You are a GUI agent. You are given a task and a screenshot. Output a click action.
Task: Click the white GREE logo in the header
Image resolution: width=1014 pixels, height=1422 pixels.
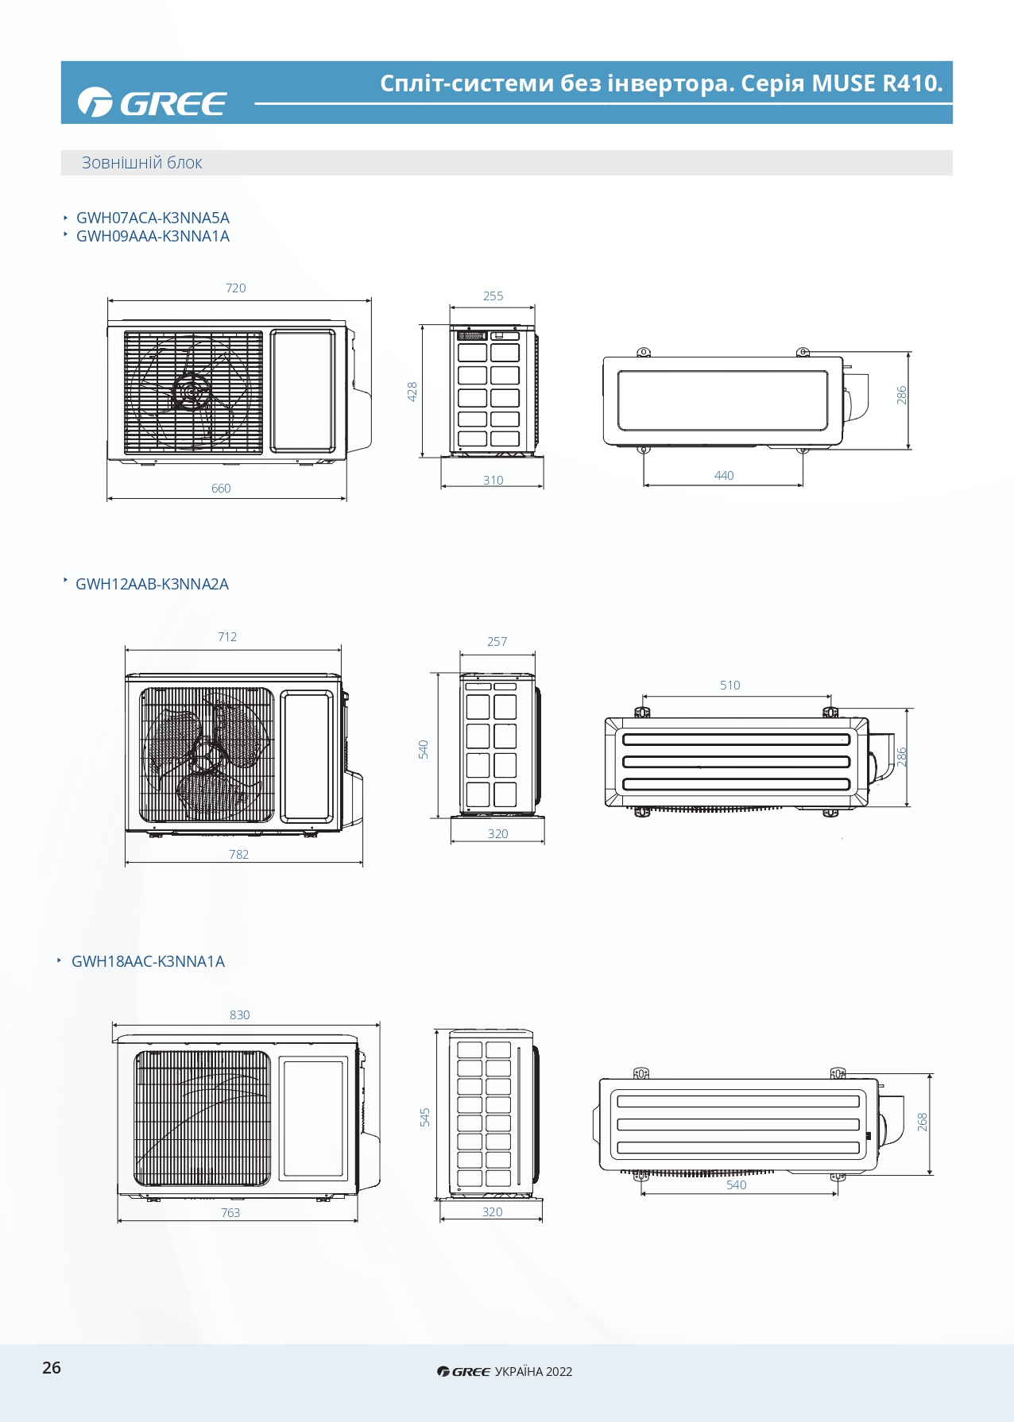pyautogui.click(x=152, y=102)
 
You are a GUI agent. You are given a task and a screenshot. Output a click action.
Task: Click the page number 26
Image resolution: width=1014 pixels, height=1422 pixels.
pyautogui.click(x=52, y=1367)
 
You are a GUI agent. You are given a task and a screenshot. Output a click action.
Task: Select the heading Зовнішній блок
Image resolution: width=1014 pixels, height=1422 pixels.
pyautogui.click(x=141, y=163)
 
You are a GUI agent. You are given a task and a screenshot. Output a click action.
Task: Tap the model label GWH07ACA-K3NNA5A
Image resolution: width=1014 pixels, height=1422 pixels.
pyautogui.click(x=153, y=218)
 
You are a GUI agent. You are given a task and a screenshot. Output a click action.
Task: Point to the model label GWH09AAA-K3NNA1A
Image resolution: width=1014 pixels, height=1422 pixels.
pyautogui.click(x=153, y=236)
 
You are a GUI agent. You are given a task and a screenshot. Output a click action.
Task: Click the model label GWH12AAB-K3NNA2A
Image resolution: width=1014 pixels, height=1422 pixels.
pyautogui.click(x=152, y=584)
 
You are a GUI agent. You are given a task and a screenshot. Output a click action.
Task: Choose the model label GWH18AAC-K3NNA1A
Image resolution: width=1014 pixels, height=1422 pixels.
pyautogui.click(x=148, y=961)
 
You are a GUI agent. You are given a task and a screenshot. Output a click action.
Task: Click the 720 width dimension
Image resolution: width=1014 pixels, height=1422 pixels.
pyautogui.click(x=236, y=288)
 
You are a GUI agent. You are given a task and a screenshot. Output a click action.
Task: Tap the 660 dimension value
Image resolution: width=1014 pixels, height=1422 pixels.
pyautogui.click(x=221, y=488)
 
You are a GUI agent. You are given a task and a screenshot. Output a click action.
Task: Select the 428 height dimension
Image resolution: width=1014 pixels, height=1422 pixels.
pyautogui.click(x=412, y=391)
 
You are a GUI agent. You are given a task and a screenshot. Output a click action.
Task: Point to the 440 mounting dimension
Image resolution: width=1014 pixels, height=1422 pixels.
pyautogui.click(x=724, y=475)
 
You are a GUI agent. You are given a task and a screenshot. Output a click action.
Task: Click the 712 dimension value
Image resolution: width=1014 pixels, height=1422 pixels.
pyautogui.click(x=227, y=636)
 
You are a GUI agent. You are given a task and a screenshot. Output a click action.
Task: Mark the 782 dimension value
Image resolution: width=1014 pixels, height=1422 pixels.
pyautogui.click(x=238, y=854)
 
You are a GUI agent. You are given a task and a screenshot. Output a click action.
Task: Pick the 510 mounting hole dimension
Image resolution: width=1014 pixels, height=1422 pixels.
pyautogui.click(x=730, y=685)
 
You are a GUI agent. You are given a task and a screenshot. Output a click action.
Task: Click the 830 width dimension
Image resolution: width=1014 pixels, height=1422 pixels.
pyautogui.click(x=239, y=1014)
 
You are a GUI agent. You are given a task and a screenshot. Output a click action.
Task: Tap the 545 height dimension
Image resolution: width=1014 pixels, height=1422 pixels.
pyautogui.click(x=424, y=1117)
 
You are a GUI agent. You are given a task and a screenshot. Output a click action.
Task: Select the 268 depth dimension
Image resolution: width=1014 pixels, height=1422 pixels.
pyautogui.click(x=922, y=1122)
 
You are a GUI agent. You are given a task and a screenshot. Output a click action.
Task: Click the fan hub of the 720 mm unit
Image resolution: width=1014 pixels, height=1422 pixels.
pyautogui.click(x=192, y=392)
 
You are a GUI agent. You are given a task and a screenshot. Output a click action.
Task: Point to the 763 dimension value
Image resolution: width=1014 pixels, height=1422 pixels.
pyautogui.click(x=230, y=1212)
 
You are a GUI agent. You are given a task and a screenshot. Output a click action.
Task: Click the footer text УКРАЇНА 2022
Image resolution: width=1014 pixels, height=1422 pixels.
pyautogui.click(x=533, y=1371)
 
